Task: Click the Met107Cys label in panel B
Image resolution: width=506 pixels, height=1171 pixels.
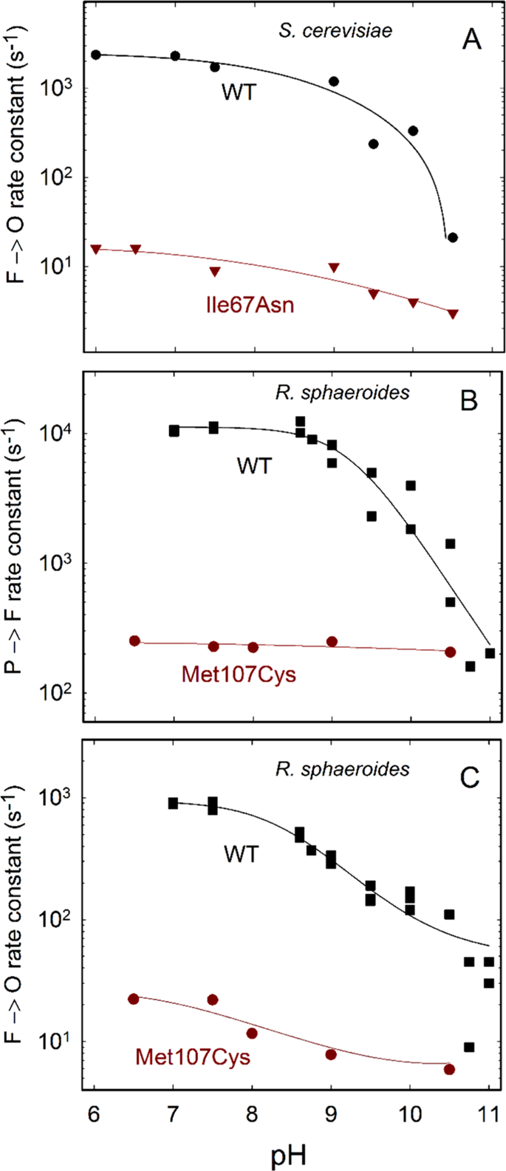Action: coord(238,674)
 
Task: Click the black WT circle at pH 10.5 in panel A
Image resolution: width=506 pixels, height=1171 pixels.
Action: coord(453,237)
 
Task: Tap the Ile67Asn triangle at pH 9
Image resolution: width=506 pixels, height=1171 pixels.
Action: coord(334,267)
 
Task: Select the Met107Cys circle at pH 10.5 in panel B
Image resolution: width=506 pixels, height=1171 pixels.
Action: coord(450,652)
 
